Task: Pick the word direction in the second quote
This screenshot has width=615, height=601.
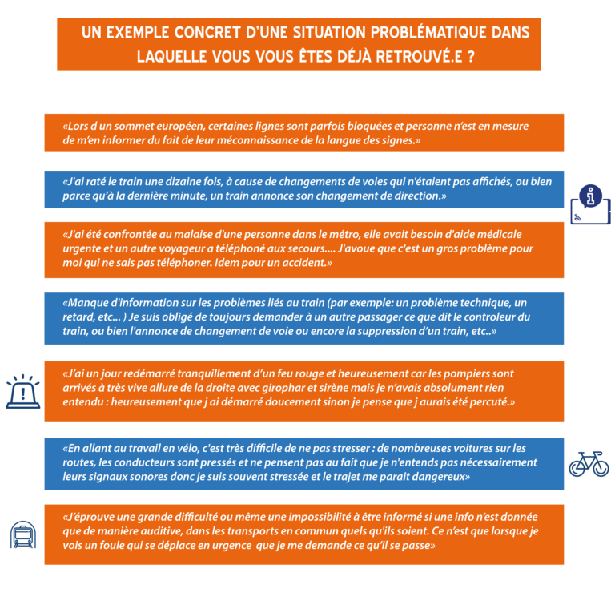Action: (x=420, y=196)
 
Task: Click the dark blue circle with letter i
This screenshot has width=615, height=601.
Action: (x=590, y=196)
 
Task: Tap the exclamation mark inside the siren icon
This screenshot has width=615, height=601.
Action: (x=23, y=393)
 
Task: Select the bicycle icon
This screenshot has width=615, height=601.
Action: (x=589, y=464)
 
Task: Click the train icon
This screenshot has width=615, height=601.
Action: (x=23, y=534)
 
